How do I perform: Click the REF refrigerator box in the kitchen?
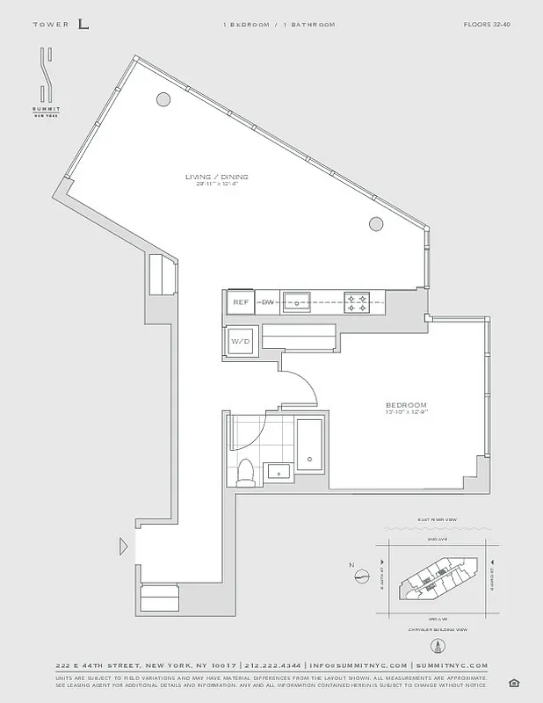tap(240, 301)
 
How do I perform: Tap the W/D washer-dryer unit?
tap(240, 341)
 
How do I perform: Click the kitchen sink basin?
tap(298, 301)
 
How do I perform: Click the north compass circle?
tap(360, 576)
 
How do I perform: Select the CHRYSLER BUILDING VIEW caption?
tap(437, 631)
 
